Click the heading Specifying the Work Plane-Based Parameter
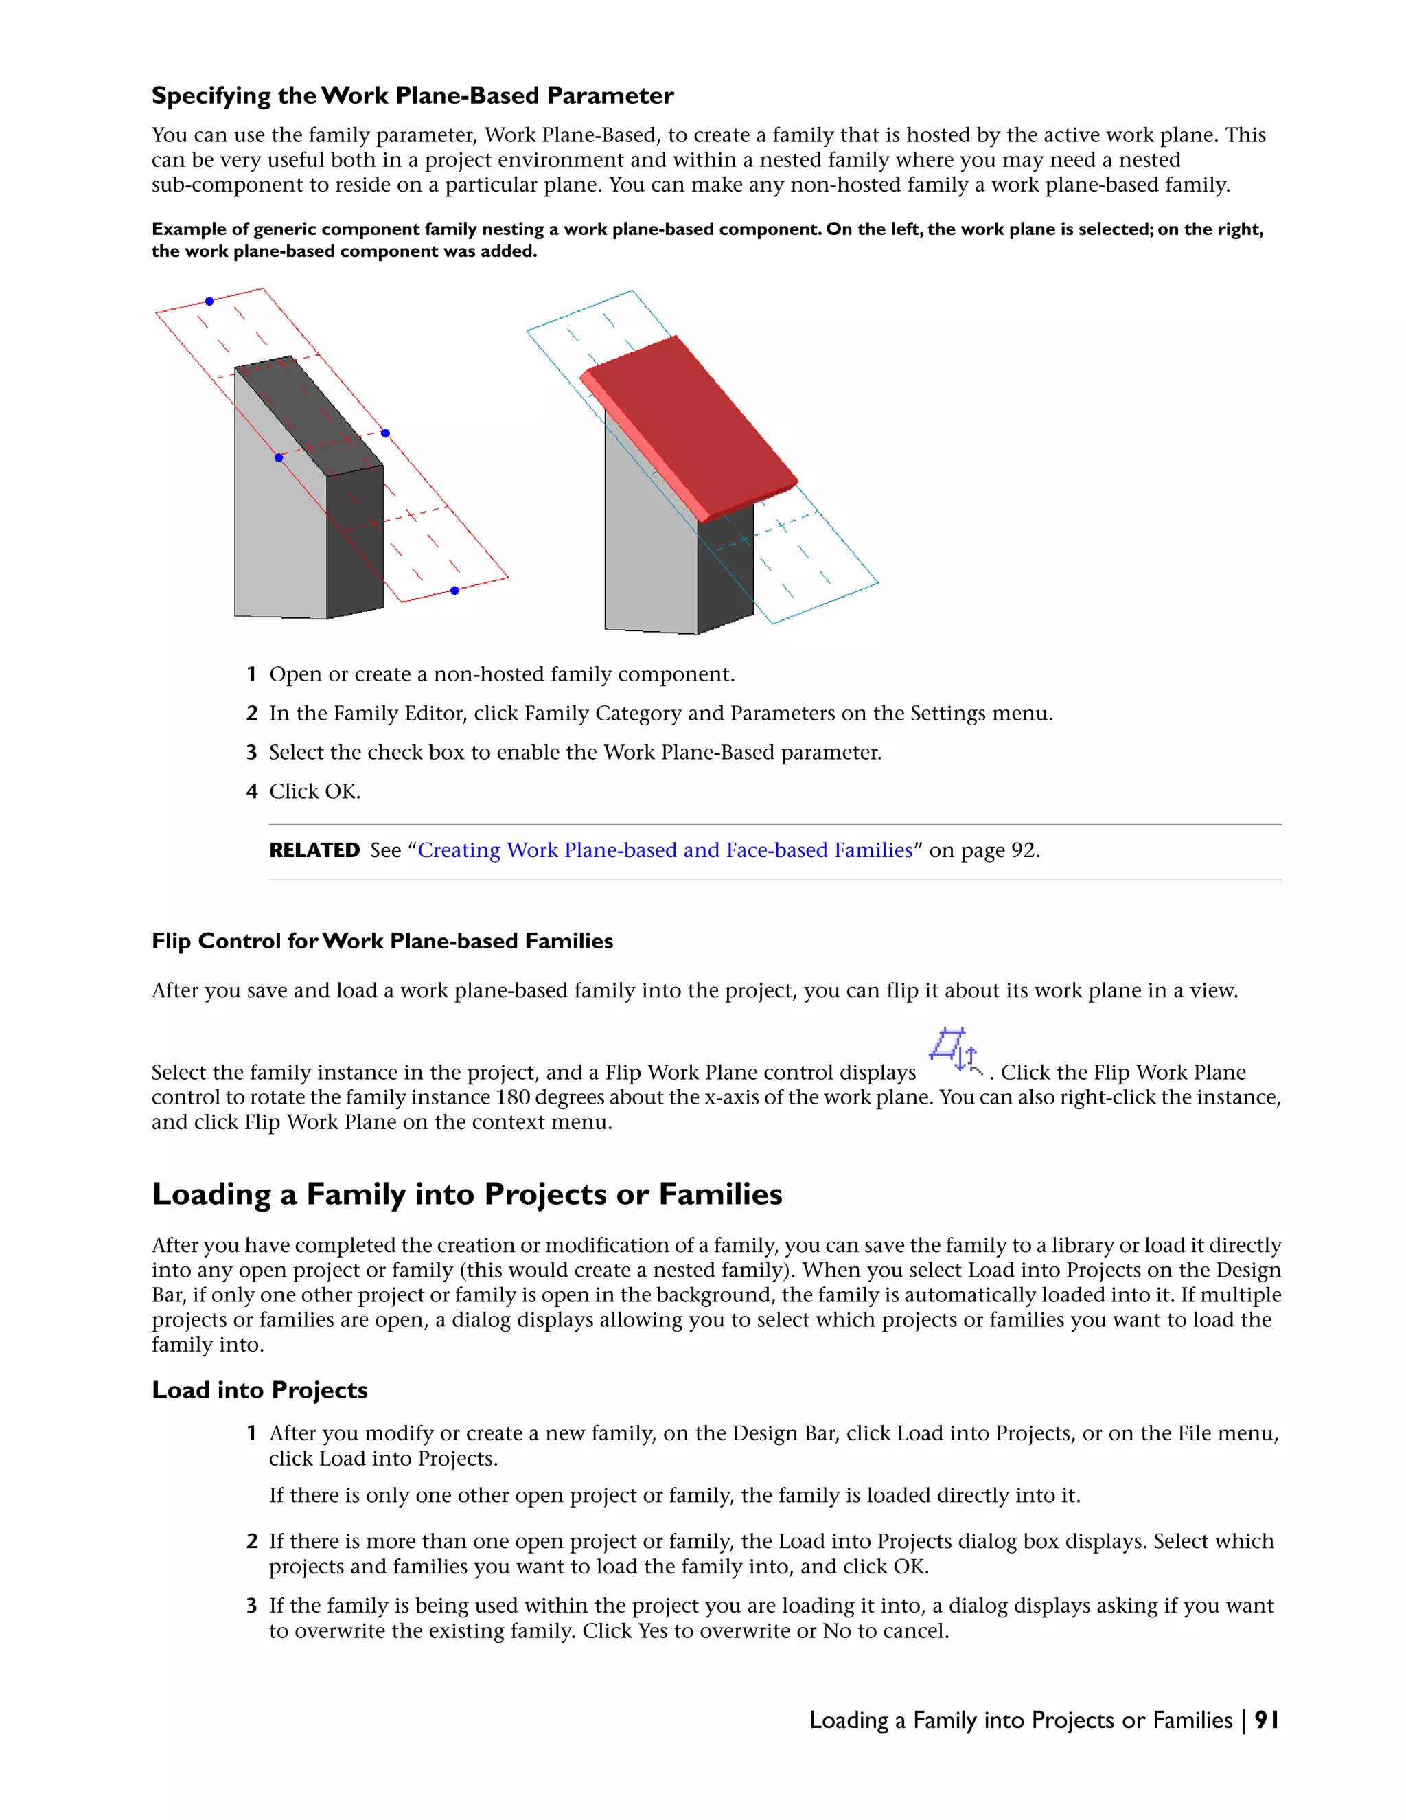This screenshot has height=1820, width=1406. pyautogui.click(x=413, y=96)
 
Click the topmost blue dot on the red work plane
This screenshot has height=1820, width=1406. pyautogui.click(x=209, y=301)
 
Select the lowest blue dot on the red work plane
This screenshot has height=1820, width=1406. pyautogui.click(x=454, y=590)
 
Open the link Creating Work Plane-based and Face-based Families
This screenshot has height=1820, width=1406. pyautogui.click(x=665, y=850)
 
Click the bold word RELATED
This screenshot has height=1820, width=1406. pyautogui.click(x=314, y=850)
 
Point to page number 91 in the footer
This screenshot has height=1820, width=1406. pyautogui.click(x=1266, y=1720)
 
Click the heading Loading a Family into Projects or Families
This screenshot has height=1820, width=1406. pyautogui.click(x=466, y=1194)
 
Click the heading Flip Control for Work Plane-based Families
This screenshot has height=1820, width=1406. pyautogui.click(x=382, y=941)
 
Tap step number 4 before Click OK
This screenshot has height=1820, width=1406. pyautogui.click(x=251, y=792)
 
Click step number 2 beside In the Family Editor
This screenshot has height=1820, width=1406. pyautogui.click(x=251, y=714)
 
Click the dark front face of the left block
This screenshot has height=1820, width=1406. pyautogui.click(x=355, y=542)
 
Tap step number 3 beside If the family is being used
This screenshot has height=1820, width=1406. pyautogui.click(x=251, y=1606)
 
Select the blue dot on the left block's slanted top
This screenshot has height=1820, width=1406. pyautogui.click(x=278, y=457)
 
